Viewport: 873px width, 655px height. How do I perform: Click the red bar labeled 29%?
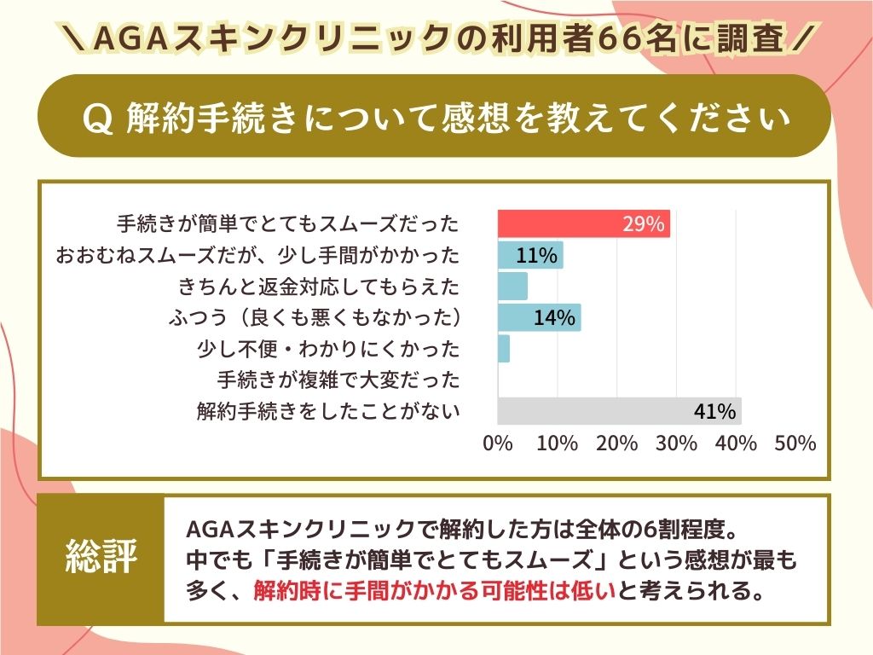[x=584, y=225]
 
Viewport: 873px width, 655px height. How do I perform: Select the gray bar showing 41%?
[x=619, y=411]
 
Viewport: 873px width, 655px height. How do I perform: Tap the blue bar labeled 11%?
[x=530, y=255]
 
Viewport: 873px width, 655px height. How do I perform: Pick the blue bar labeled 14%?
[x=539, y=317]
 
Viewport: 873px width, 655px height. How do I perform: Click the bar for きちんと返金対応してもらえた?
[x=512, y=286]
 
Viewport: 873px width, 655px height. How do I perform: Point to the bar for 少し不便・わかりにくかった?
[x=504, y=349]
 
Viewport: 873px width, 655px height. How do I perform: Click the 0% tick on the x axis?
[x=498, y=443]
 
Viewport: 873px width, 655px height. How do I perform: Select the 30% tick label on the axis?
[x=677, y=443]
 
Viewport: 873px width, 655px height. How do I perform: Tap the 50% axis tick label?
[x=796, y=443]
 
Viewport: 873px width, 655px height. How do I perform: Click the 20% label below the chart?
[x=617, y=443]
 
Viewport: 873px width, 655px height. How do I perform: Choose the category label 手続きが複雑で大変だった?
[x=338, y=380]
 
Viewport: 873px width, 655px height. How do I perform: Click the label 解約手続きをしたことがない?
[x=328, y=411]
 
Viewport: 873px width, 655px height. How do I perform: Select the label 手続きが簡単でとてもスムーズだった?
[x=287, y=224]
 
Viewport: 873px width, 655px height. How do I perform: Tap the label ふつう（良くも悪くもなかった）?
[x=315, y=318]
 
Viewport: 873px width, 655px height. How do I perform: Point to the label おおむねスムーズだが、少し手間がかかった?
[x=257, y=256]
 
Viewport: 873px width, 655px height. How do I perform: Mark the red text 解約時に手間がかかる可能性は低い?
[x=434, y=590]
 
